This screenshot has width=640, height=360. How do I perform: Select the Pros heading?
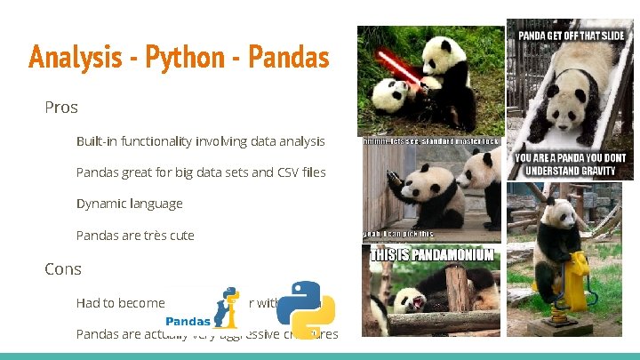click(61, 108)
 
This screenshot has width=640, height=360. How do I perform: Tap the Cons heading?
click(63, 268)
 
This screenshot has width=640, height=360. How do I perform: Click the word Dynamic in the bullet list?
click(100, 204)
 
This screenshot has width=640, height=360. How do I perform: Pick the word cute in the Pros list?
click(177, 236)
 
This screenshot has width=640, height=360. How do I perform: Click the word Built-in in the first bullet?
click(99, 141)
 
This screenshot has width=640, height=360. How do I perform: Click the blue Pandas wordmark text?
click(187, 321)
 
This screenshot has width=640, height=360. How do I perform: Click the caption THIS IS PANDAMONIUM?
click(432, 255)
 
